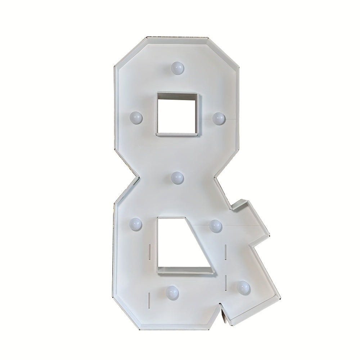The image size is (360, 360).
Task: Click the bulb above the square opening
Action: [x=177, y=67]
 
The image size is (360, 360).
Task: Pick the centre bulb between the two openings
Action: [x=177, y=178]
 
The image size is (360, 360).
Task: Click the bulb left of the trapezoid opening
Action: [x=136, y=224]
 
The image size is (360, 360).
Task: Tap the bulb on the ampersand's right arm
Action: [x=216, y=226]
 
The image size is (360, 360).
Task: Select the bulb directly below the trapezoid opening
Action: [x=172, y=292]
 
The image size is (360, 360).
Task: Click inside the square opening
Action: [x=177, y=113]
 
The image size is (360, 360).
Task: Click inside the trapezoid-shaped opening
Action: [x=181, y=243]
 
